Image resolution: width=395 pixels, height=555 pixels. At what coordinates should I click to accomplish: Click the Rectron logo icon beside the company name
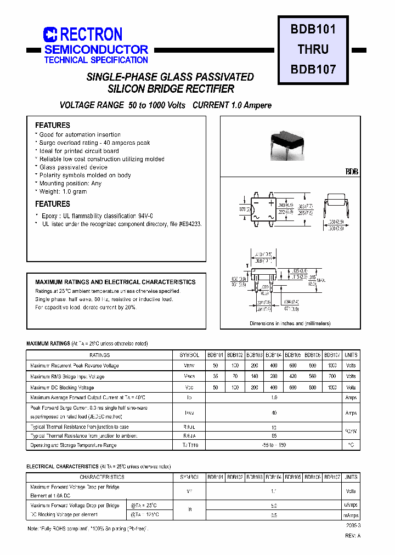point(50,35)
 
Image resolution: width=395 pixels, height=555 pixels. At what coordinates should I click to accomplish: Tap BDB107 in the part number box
point(313,70)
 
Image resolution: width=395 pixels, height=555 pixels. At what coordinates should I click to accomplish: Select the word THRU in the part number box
point(313,49)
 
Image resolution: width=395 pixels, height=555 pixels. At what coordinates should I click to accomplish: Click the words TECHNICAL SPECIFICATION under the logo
point(96,60)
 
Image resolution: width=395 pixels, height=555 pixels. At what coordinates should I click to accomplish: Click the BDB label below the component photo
point(352,172)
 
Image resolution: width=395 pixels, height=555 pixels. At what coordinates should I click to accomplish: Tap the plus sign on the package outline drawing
point(271,203)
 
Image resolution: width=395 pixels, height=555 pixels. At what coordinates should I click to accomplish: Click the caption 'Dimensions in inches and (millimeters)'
point(290,324)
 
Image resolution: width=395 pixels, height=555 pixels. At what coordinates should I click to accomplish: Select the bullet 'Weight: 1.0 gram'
point(63,192)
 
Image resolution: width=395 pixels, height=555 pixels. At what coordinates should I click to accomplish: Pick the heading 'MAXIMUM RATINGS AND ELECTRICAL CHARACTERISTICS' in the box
point(115,282)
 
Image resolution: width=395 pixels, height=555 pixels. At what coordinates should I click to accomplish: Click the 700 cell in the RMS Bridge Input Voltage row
point(332,377)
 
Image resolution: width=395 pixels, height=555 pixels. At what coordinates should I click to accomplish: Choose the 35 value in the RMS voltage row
point(215,377)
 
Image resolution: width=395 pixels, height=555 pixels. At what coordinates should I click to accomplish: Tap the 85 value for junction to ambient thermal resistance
point(274,436)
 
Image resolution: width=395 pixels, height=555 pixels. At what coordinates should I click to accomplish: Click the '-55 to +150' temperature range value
point(274,445)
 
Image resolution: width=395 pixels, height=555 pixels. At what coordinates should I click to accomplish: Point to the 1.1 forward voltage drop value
point(274,491)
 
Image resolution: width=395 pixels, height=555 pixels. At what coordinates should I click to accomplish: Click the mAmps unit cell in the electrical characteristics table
point(351,516)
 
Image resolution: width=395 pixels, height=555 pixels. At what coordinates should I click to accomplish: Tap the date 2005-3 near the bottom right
point(353,525)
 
